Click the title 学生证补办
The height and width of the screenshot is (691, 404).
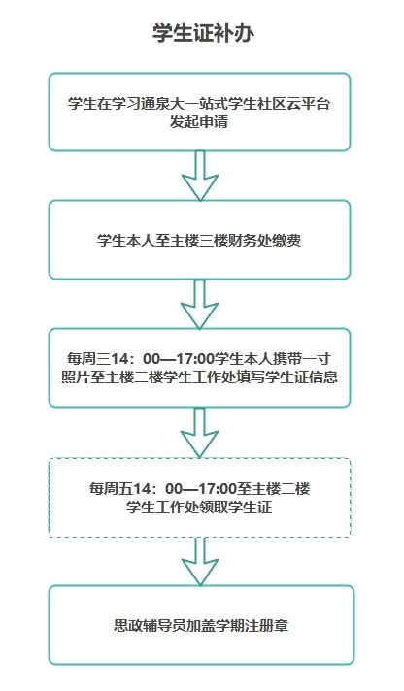(x=203, y=33)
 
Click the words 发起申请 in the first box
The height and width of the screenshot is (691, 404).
(x=199, y=121)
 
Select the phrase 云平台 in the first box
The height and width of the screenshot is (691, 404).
(x=309, y=104)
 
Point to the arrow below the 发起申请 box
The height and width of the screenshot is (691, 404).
(x=200, y=176)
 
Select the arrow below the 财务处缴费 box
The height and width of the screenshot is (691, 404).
(x=200, y=304)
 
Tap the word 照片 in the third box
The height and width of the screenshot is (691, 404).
(x=76, y=378)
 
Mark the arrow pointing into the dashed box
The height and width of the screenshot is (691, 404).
(x=200, y=432)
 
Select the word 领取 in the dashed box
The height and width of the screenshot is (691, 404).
(x=214, y=508)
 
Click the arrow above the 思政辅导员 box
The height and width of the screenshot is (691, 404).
(x=200, y=561)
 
